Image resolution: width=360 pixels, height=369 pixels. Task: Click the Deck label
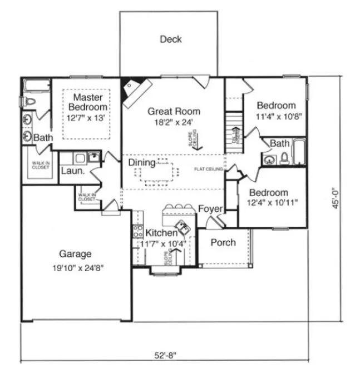171,39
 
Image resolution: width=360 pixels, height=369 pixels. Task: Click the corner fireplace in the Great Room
134,91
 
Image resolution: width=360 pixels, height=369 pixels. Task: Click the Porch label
223,242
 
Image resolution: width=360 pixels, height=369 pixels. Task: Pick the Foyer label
211,209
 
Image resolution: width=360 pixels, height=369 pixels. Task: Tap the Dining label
142,162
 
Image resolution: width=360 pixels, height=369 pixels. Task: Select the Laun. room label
72,171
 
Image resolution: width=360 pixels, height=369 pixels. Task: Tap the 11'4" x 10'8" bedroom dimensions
276,117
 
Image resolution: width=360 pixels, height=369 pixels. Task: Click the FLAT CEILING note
209,169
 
